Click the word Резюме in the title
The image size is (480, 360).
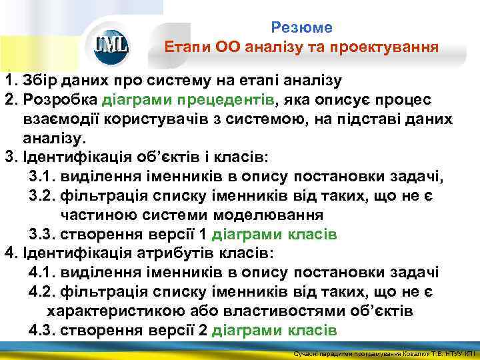click(x=301, y=28)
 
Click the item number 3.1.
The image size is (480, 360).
click(x=42, y=177)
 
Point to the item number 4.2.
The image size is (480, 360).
click(x=42, y=292)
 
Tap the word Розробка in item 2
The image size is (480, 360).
click(x=60, y=100)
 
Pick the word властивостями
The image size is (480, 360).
click(x=262, y=311)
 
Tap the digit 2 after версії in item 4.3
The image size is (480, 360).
click(x=203, y=331)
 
